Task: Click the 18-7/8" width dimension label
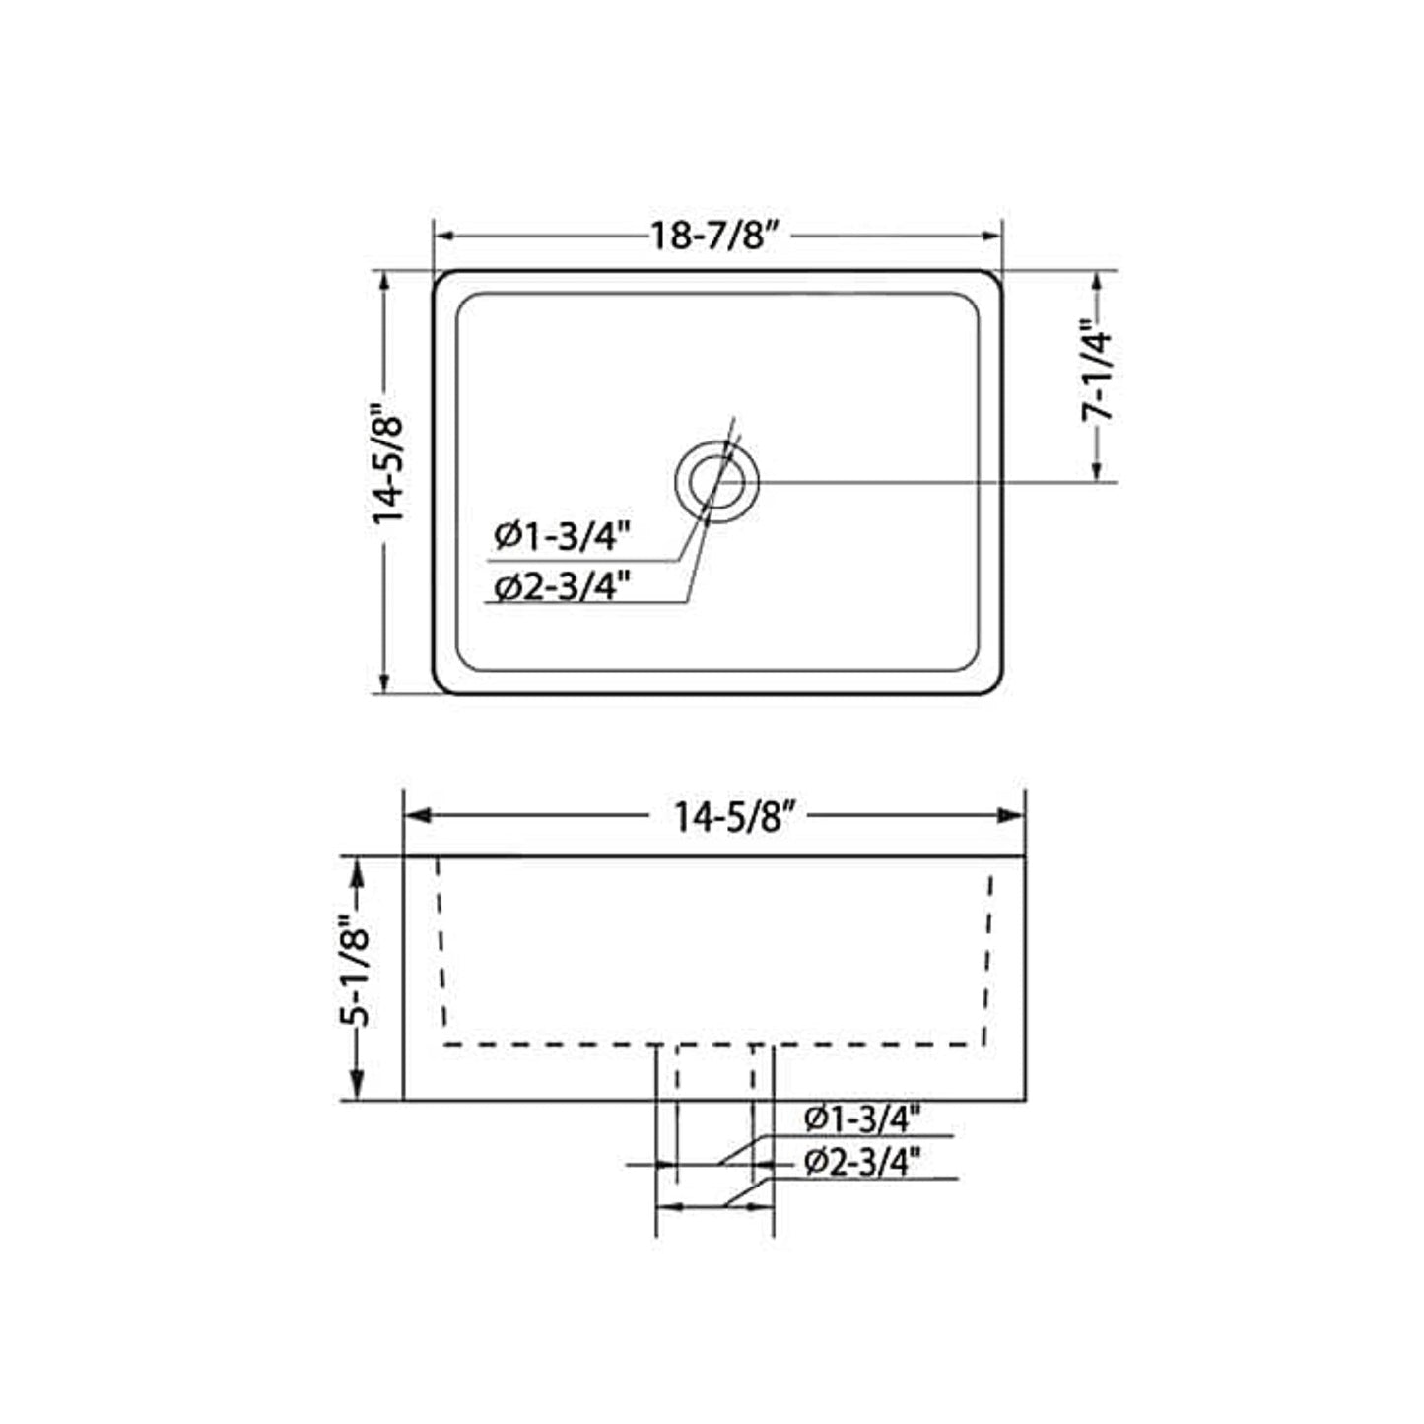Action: point(714,236)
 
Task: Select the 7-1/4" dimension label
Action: point(1097,371)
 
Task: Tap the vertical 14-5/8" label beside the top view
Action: point(388,470)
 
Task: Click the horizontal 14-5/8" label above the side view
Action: point(727,817)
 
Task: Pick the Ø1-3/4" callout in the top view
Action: point(564,536)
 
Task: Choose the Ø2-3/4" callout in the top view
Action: point(564,588)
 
